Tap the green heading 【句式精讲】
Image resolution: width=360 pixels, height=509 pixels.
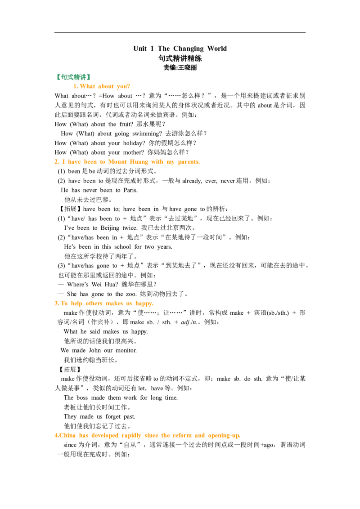(73, 77)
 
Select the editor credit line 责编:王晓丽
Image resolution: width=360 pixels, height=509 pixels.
(180, 67)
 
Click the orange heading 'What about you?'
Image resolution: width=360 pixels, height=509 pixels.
(101, 86)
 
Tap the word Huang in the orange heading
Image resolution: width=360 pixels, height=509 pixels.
(139, 162)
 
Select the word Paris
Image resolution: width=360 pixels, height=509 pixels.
(130, 190)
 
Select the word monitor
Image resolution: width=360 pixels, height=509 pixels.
(126, 351)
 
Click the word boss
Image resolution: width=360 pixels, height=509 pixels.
(82, 397)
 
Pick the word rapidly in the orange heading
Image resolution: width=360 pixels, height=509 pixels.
(131, 436)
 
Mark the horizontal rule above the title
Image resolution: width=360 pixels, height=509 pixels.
(180, 33)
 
